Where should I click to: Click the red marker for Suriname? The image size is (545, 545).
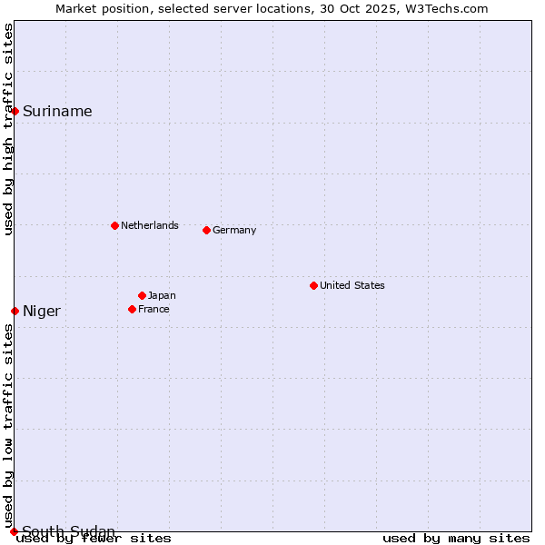[15, 111]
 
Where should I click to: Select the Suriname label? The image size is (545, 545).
[57, 112]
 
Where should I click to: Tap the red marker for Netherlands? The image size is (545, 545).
[114, 225]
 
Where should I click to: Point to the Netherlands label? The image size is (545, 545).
[150, 225]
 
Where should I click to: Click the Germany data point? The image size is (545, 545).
[206, 230]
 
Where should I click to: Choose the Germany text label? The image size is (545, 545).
[234, 230]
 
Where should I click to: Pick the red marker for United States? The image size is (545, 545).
[313, 285]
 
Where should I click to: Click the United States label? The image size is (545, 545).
[352, 285]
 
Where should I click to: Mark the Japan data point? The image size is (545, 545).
[142, 295]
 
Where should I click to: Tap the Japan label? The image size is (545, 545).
[162, 295]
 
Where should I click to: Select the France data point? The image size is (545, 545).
[132, 309]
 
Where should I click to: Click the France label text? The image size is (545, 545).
[154, 309]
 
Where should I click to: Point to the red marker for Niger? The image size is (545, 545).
[15, 311]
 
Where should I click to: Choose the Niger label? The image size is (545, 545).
[42, 312]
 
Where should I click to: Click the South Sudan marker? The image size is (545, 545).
[14, 531]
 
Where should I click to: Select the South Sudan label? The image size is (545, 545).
[68, 531]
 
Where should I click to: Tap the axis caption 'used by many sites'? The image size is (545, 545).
[456, 539]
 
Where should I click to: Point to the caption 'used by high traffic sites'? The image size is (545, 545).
[9, 129]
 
